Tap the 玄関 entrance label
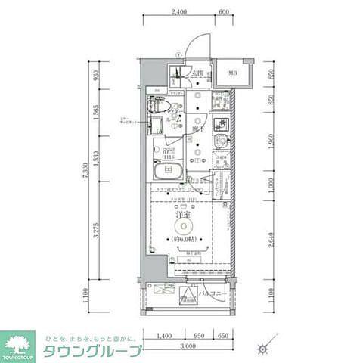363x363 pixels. click(199, 73)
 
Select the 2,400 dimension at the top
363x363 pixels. click(178, 13)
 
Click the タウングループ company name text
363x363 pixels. click(92, 351)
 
